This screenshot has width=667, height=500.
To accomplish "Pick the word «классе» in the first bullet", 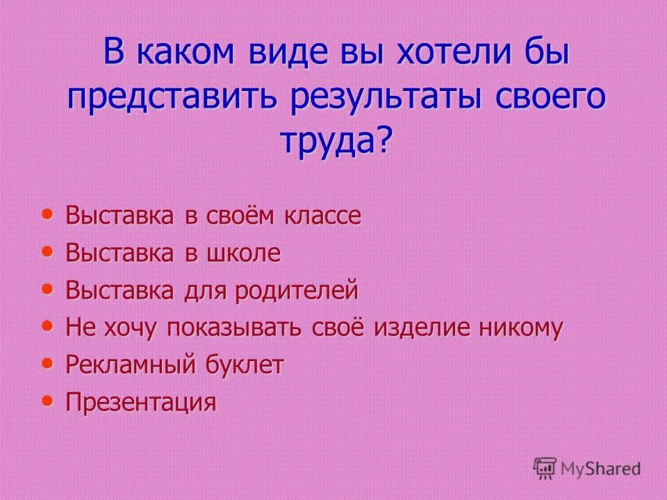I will pos(322,216).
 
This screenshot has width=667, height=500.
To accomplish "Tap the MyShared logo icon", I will pos(545,468).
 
